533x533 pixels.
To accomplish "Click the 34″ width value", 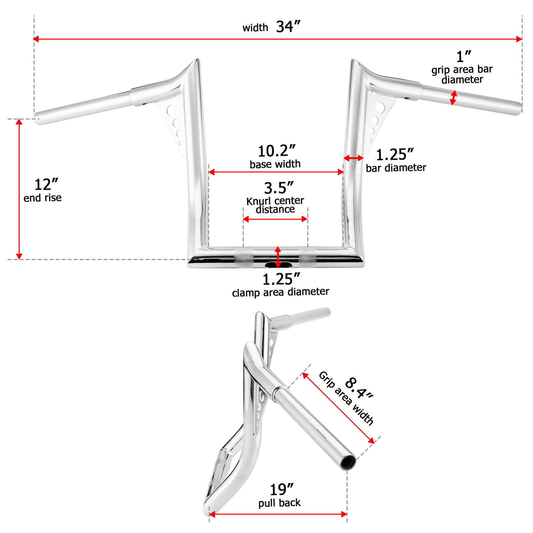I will coord(288,27).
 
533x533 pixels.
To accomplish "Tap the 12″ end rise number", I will coord(46,185).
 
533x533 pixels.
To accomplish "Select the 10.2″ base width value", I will coord(276,151).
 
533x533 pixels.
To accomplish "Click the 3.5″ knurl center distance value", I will coord(278,188).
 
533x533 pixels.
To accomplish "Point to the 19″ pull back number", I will coord(281,490).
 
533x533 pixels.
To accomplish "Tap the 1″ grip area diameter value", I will coord(463,57).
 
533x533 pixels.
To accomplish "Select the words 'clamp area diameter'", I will coord(280,292).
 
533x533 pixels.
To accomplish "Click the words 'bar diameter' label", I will coord(396,168).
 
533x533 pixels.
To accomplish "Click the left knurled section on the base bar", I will coord(244,258).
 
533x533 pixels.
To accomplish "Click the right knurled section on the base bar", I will coord(308,258).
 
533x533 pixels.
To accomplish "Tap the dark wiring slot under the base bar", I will coord(278,265).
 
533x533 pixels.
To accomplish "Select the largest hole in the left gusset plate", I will coord(171,110).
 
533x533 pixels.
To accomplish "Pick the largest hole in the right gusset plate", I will coord(380,108).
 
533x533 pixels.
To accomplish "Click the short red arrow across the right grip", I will coord(453,98).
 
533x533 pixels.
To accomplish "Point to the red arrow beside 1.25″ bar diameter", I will coord(353,158).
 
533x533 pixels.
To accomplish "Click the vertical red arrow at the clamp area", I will coord(278,257).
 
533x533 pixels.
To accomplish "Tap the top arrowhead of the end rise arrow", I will coord(19,122).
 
